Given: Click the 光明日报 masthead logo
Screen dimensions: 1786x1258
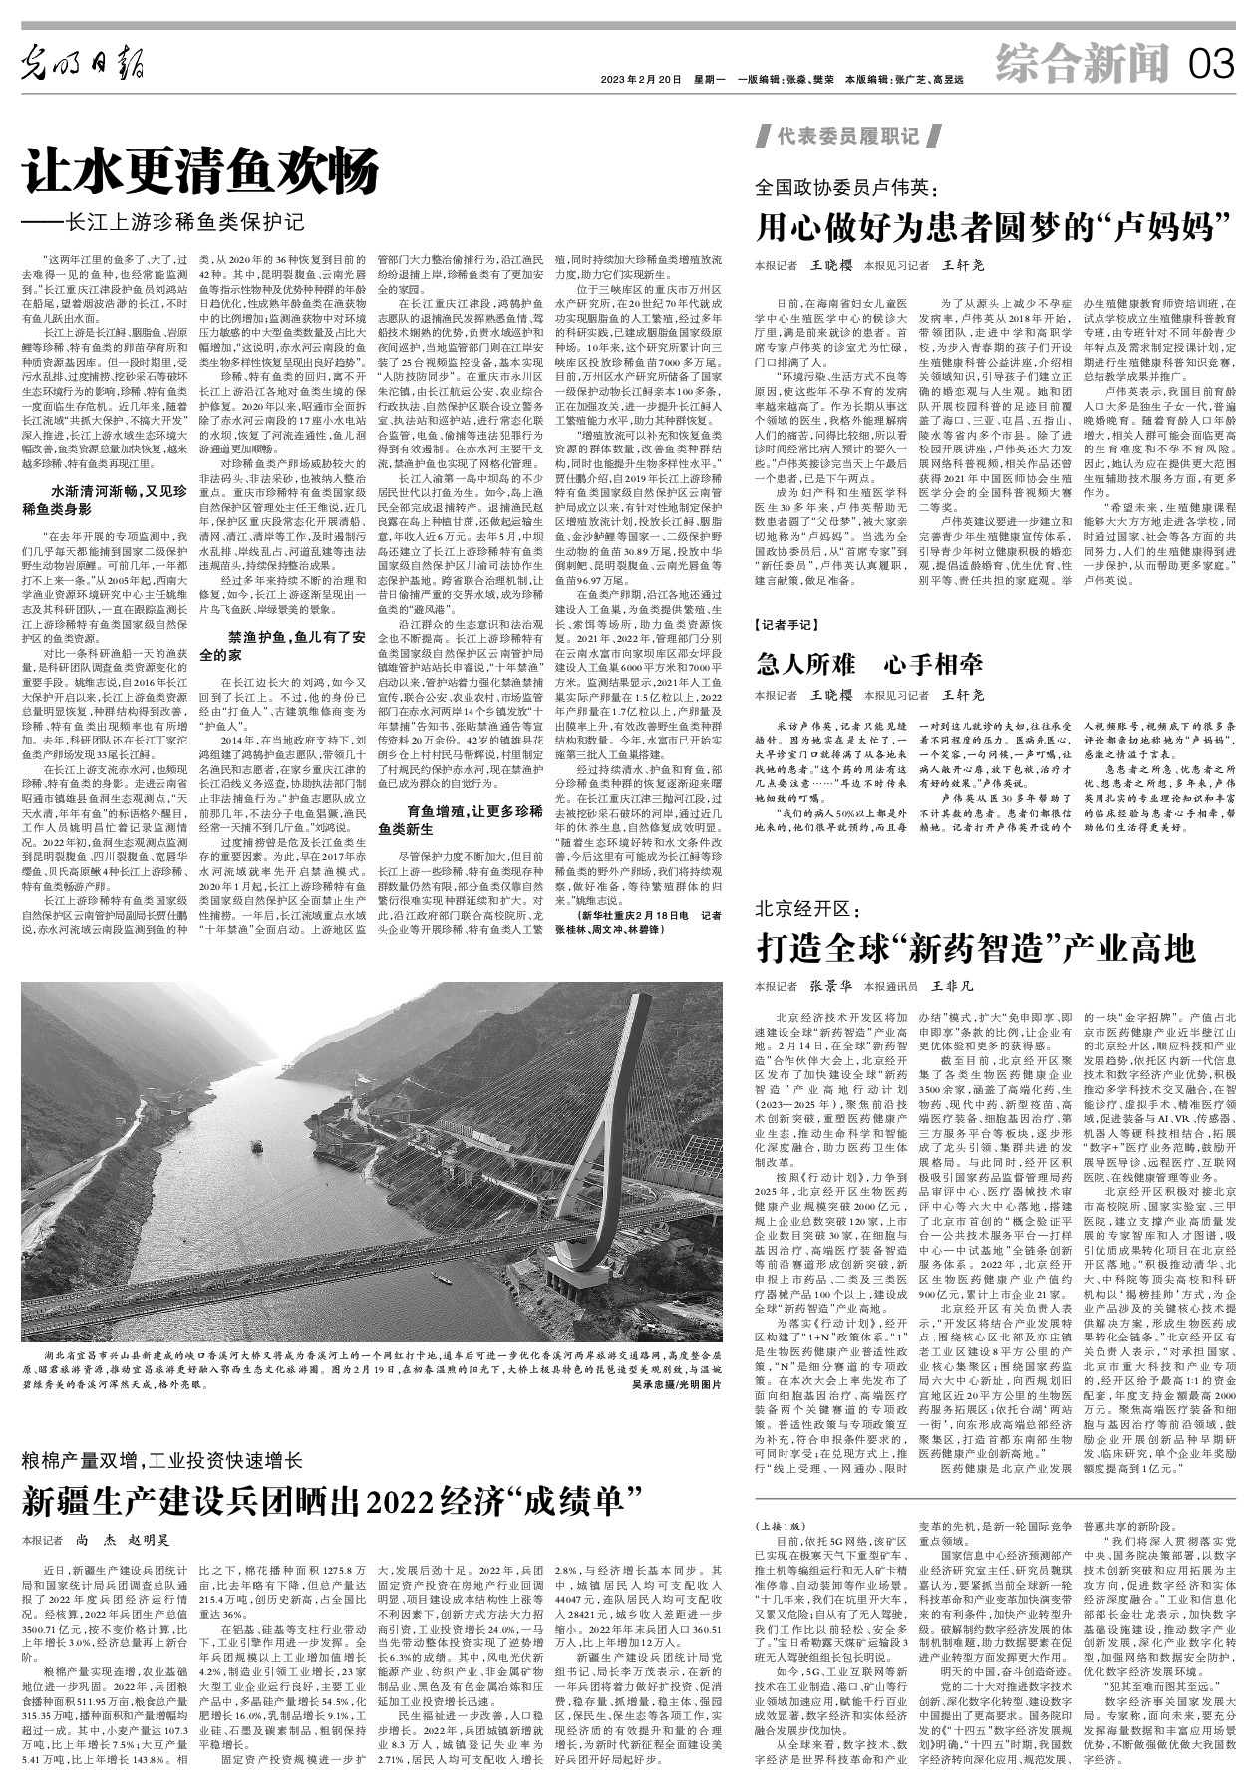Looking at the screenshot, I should pos(84,66).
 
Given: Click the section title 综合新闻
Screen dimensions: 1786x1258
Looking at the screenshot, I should pos(1082,66).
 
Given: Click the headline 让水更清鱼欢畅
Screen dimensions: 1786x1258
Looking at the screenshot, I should pos(202,171).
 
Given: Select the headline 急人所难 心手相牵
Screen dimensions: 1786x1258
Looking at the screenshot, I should pos(869,663).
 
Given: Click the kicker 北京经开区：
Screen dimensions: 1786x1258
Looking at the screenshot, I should pos(805,909).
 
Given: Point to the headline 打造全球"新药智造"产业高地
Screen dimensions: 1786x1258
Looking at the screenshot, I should pos(976,945).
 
